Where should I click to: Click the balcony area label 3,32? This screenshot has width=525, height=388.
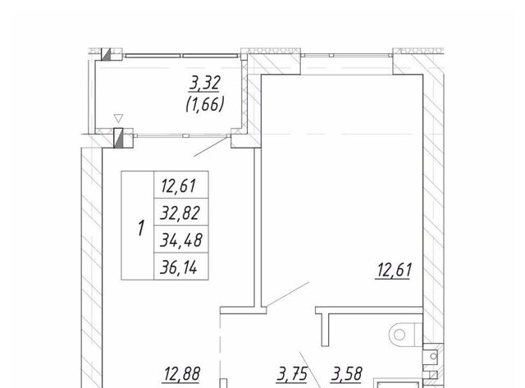[204, 84]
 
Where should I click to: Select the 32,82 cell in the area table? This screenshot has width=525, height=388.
[180, 212]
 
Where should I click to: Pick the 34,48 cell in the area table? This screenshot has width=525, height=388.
[180, 240]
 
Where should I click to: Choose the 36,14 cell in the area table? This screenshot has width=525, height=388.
[180, 267]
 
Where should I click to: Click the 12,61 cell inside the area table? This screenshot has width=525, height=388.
[180, 185]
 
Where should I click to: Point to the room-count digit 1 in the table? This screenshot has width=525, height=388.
[141, 228]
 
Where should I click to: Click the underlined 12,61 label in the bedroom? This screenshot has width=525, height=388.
[394, 271]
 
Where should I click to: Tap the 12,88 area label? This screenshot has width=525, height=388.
[182, 374]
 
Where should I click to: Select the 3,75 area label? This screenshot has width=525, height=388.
[292, 374]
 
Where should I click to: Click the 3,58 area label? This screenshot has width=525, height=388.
[346, 374]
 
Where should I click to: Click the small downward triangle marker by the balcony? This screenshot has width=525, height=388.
[118, 118]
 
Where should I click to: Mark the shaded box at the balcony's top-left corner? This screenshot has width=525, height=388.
[106, 55]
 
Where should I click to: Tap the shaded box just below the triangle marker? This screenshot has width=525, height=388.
[118, 138]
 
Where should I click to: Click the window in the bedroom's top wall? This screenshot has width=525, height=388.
[346, 55]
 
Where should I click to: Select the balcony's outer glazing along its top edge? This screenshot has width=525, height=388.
[181, 56]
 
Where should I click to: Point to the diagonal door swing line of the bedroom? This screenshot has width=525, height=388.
[287, 294]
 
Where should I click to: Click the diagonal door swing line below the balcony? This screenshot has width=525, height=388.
[211, 147]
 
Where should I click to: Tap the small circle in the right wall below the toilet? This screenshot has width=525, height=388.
[434, 356]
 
